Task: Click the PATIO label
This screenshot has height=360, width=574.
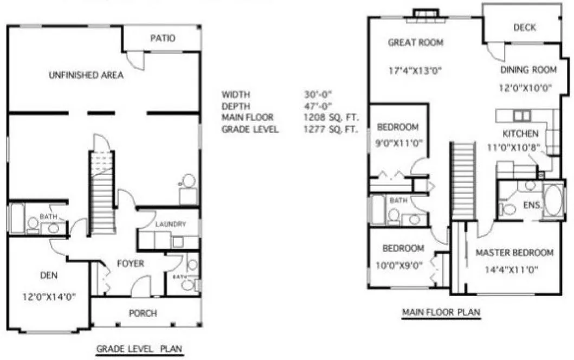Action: point(163,38)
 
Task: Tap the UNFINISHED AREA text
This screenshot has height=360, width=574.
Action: point(86,75)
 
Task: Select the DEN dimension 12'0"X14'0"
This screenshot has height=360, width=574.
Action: point(48,297)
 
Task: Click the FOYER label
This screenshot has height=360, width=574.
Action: point(131,263)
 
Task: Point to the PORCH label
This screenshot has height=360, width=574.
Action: point(143,313)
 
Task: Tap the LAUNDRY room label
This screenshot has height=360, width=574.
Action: point(170,224)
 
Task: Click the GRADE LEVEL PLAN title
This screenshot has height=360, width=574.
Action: point(139,348)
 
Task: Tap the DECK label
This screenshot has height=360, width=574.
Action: point(525,28)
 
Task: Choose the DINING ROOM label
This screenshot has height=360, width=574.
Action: point(528,69)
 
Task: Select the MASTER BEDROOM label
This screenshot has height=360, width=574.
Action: point(514,253)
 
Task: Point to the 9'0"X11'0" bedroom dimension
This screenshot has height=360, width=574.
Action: point(399,144)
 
